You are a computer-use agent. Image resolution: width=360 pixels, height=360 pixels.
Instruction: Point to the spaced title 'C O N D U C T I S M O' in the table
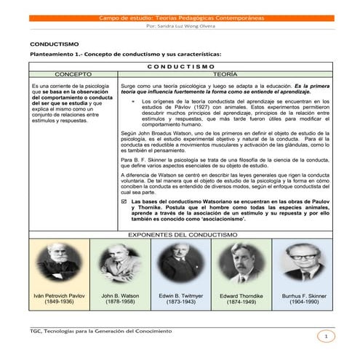point(180,65)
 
